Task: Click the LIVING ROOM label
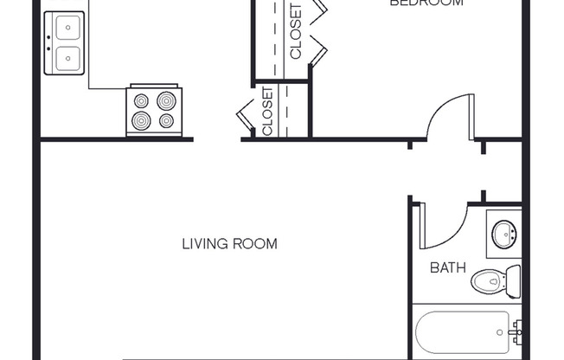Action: point(229,244)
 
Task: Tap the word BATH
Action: point(448,267)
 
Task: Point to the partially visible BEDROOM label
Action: point(426,3)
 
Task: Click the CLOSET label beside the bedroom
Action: point(296,33)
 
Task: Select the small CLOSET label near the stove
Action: point(267,112)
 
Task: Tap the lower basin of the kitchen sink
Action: point(64,59)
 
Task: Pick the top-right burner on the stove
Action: point(166,100)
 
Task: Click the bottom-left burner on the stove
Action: point(142,121)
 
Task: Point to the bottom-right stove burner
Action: point(166,121)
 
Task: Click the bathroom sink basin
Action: point(503,234)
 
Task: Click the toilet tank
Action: point(513,281)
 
